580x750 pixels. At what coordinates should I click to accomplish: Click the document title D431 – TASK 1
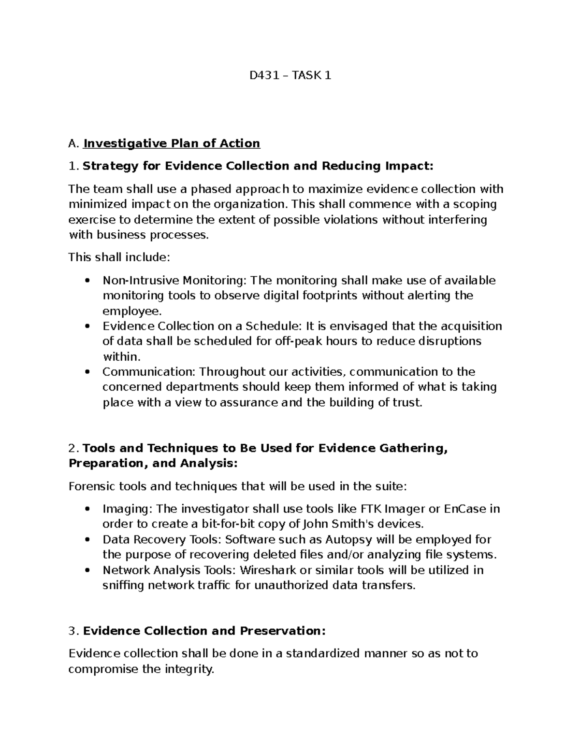[290, 76]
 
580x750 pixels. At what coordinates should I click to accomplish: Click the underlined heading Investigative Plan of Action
[172, 143]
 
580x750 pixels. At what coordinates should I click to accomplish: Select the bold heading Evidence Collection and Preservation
[204, 631]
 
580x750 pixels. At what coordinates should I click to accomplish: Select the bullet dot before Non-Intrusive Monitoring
[87, 281]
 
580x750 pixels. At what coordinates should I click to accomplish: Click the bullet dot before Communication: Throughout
[87, 372]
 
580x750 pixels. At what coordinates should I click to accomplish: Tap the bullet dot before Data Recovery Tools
[87, 539]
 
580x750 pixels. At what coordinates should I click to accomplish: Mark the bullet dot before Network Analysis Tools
[87, 570]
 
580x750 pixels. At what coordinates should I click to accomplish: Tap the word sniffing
[123, 586]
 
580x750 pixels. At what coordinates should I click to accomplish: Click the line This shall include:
[119, 257]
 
